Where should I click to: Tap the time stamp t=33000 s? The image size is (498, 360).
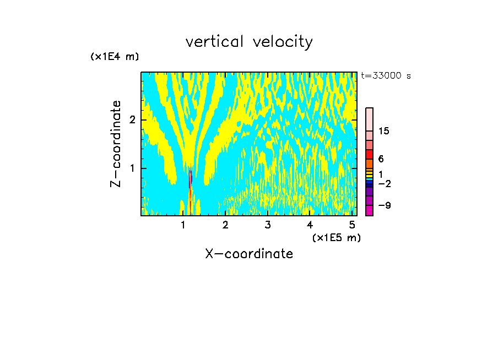[x=386, y=76]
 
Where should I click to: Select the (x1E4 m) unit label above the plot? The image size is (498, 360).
[x=115, y=57]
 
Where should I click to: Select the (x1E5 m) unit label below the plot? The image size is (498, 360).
[x=336, y=237]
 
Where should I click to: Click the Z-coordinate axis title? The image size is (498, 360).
[x=116, y=143]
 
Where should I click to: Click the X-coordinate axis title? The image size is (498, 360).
[x=249, y=254]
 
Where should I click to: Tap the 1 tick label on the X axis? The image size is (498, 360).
[x=183, y=225]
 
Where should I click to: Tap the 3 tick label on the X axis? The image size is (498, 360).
[x=267, y=225]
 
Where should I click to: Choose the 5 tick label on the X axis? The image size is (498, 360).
[x=351, y=225]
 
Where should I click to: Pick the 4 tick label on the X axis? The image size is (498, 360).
[x=310, y=225]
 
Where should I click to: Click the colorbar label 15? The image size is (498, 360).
[x=384, y=131]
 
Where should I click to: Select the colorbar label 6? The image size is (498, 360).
[x=381, y=159]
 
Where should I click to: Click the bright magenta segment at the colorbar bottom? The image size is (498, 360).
[x=369, y=210]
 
